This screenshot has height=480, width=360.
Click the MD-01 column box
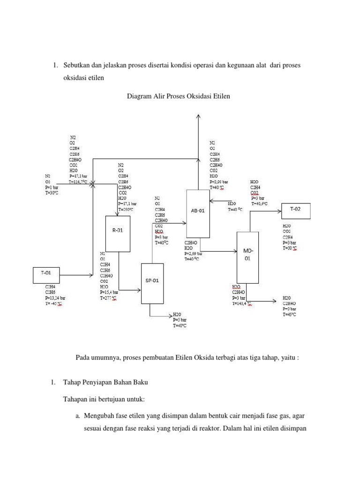click(x=247, y=257)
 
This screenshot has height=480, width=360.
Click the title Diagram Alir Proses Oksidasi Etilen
click(x=179, y=96)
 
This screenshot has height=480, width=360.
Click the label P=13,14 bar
click(x=55, y=298)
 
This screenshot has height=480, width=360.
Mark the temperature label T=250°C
click(x=127, y=210)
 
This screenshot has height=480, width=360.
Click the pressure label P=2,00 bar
click(x=218, y=181)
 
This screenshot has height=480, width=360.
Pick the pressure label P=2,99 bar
click(x=194, y=253)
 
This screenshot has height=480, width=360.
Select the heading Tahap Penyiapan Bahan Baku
click(x=105, y=382)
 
